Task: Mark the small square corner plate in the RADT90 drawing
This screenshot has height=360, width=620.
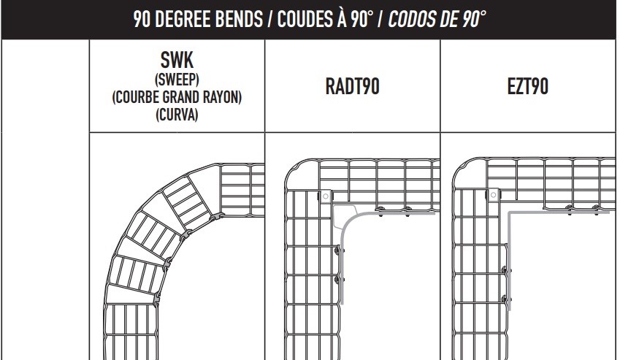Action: tap(323, 196)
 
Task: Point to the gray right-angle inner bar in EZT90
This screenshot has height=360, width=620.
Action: tap(509, 214)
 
